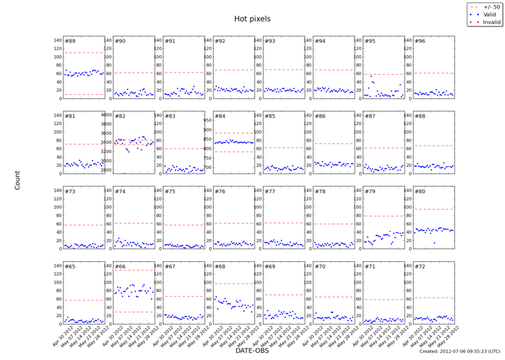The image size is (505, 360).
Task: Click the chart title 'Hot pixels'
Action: [252, 19]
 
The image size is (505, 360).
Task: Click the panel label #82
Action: [120, 116]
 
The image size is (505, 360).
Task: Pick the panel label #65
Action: [70, 267]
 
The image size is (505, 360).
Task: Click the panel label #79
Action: [369, 192]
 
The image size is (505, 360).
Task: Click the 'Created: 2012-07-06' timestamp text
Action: [460, 351]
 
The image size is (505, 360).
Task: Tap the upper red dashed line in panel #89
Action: [84, 53]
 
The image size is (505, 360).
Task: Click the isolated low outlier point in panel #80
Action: [434, 243]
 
